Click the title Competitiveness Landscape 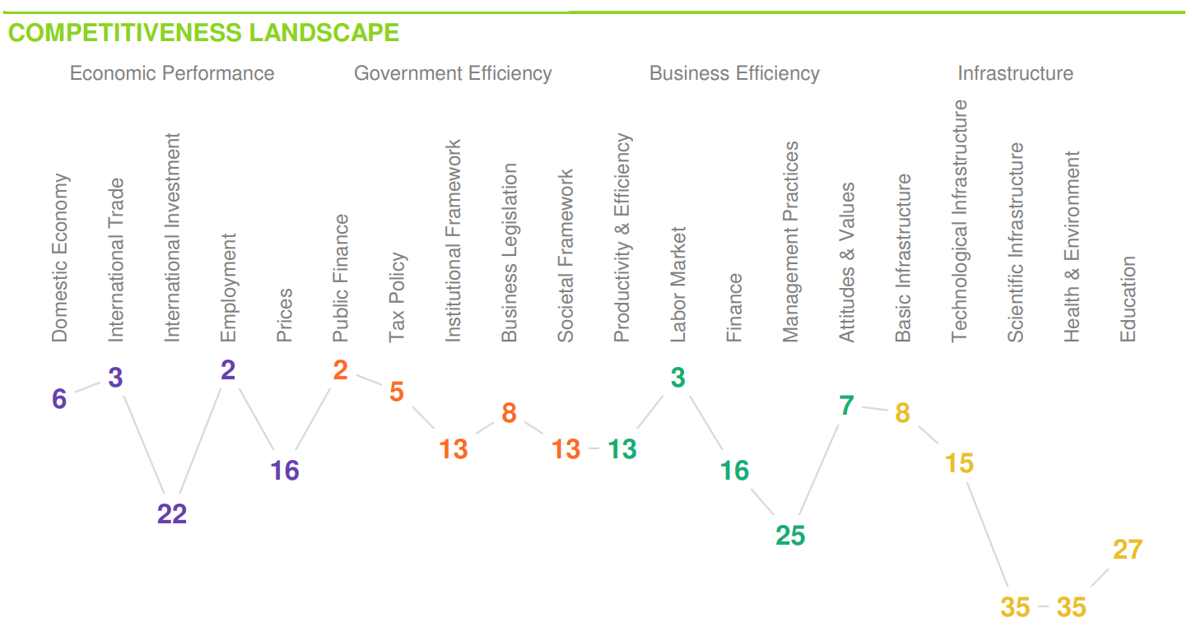[203, 33]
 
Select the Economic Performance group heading [172, 73]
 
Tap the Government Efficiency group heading [453, 73]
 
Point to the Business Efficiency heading [734, 73]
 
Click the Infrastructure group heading [1015, 73]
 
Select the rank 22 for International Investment [172, 514]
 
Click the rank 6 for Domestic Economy [59, 399]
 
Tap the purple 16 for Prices [285, 471]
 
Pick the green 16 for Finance [734, 471]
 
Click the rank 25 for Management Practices [790, 536]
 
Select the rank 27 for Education [1128, 550]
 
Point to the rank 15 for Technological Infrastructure [959, 464]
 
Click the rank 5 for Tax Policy [397, 392]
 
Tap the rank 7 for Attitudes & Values [846, 406]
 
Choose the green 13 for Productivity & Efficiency [622, 449]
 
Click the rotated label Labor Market [677, 285]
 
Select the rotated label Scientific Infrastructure [1016, 243]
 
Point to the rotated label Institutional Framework [454, 241]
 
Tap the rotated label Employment [228, 288]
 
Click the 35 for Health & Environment [1071, 608]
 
